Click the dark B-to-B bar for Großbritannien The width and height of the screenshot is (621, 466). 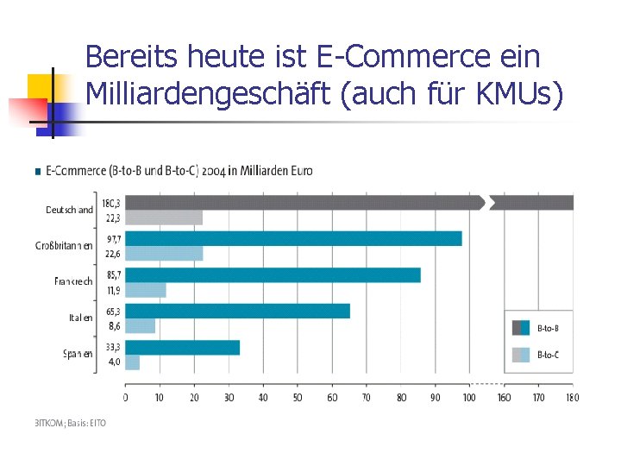tap(293, 238)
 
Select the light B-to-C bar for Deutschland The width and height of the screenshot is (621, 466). tap(164, 217)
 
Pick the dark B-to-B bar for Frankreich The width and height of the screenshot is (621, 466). tap(273, 274)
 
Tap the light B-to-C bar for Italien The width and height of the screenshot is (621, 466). tap(141, 326)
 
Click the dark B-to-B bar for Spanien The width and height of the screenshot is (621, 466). tap(182, 347)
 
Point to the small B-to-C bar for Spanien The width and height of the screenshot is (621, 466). tap(133, 362)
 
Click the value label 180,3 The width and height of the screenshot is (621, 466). tap(112, 203)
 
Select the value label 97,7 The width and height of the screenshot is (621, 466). tap(113, 239)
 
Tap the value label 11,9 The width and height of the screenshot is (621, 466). tap(113, 291)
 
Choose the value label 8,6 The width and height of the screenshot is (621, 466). tap(114, 327)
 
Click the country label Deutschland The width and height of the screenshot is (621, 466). tap(69, 210)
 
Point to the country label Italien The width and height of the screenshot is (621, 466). tap(80, 318)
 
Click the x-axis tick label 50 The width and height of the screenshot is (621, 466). tap(298, 398)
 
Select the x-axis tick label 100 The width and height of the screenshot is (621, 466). tap(468, 398)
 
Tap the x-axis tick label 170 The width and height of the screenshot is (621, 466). tap(539, 398)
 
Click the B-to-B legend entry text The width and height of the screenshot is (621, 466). tap(549, 328)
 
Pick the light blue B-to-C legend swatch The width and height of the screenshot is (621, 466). tap(521, 354)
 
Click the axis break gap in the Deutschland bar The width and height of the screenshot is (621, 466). tap(487, 203)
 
